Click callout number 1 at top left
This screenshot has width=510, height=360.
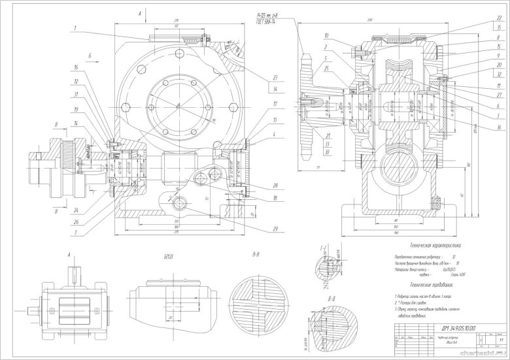coord(76,27)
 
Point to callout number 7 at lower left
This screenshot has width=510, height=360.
coord(76,233)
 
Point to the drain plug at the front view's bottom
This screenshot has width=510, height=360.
coord(177,207)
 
